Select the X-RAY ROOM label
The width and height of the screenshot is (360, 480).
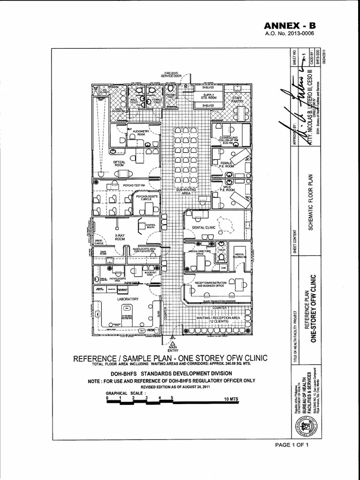(120, 237)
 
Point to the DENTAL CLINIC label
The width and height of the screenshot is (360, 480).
(202, 227)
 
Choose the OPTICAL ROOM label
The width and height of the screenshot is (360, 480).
(119, 164)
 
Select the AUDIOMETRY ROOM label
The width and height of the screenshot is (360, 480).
(142, 133)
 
